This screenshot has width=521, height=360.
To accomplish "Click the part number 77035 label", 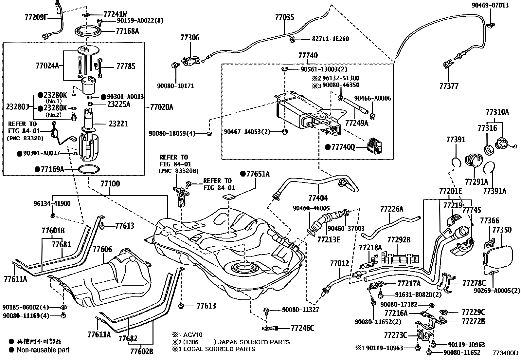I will tap(284, 17).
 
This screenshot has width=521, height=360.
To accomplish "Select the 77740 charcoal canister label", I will tap(308, 56).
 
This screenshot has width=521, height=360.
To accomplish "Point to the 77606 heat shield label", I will tap(102, 250).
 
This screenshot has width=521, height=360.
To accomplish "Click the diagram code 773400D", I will tap(506, 353).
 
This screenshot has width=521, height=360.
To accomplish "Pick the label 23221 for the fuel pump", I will tap(118, 124).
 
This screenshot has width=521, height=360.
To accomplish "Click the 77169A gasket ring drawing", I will tap(89, 170).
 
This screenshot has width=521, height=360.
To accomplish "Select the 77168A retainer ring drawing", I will tap(86, 32).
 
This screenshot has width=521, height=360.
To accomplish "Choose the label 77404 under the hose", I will tap(318, 198).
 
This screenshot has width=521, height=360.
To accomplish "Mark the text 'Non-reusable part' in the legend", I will tap(43, 350).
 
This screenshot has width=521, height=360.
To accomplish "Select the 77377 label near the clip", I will tap(449, 86).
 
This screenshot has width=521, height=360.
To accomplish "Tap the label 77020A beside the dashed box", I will tap(161, 107).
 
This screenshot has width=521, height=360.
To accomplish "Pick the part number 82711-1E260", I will tap(330, 39).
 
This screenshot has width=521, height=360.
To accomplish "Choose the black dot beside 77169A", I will tap(37, 169).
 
